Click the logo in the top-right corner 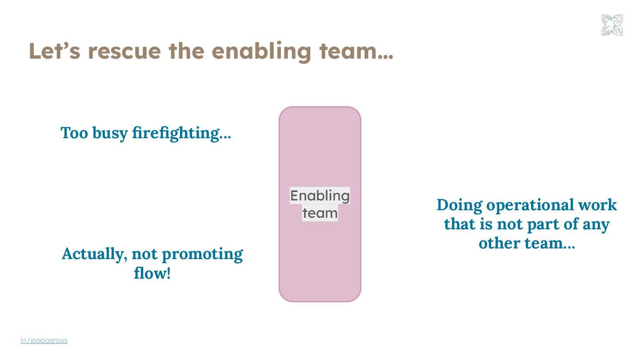612,25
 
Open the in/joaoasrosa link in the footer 44,340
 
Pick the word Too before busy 74,133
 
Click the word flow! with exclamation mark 152,273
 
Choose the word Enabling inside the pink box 320,196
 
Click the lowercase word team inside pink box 320,213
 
